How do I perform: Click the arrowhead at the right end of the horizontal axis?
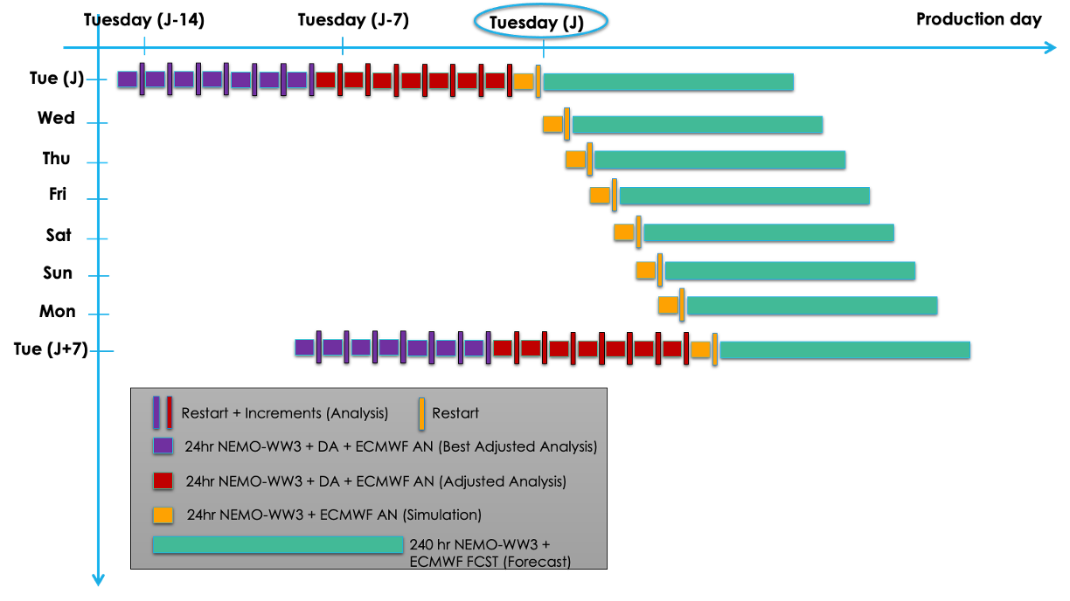[1051, 47]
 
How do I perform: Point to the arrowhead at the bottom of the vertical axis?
[98, 579]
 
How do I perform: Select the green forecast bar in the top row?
[668, 81]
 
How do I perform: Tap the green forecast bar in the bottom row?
[844, 349]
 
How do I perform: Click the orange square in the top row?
[524, 81]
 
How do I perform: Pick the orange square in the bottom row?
[700, 349]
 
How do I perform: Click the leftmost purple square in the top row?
[128, 79]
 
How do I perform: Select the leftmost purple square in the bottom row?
[304, 348]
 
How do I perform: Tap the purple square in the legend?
[163, 446]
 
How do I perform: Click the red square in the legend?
[163, 480]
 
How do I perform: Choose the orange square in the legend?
[163, 515]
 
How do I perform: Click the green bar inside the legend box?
[278, 545]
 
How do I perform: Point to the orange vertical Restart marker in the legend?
[421, 413]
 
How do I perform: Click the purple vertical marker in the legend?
[156, 412]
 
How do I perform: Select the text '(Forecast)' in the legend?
[538, 562]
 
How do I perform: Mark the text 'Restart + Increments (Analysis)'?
[284, 413]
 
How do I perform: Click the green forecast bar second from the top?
[698, 124]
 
